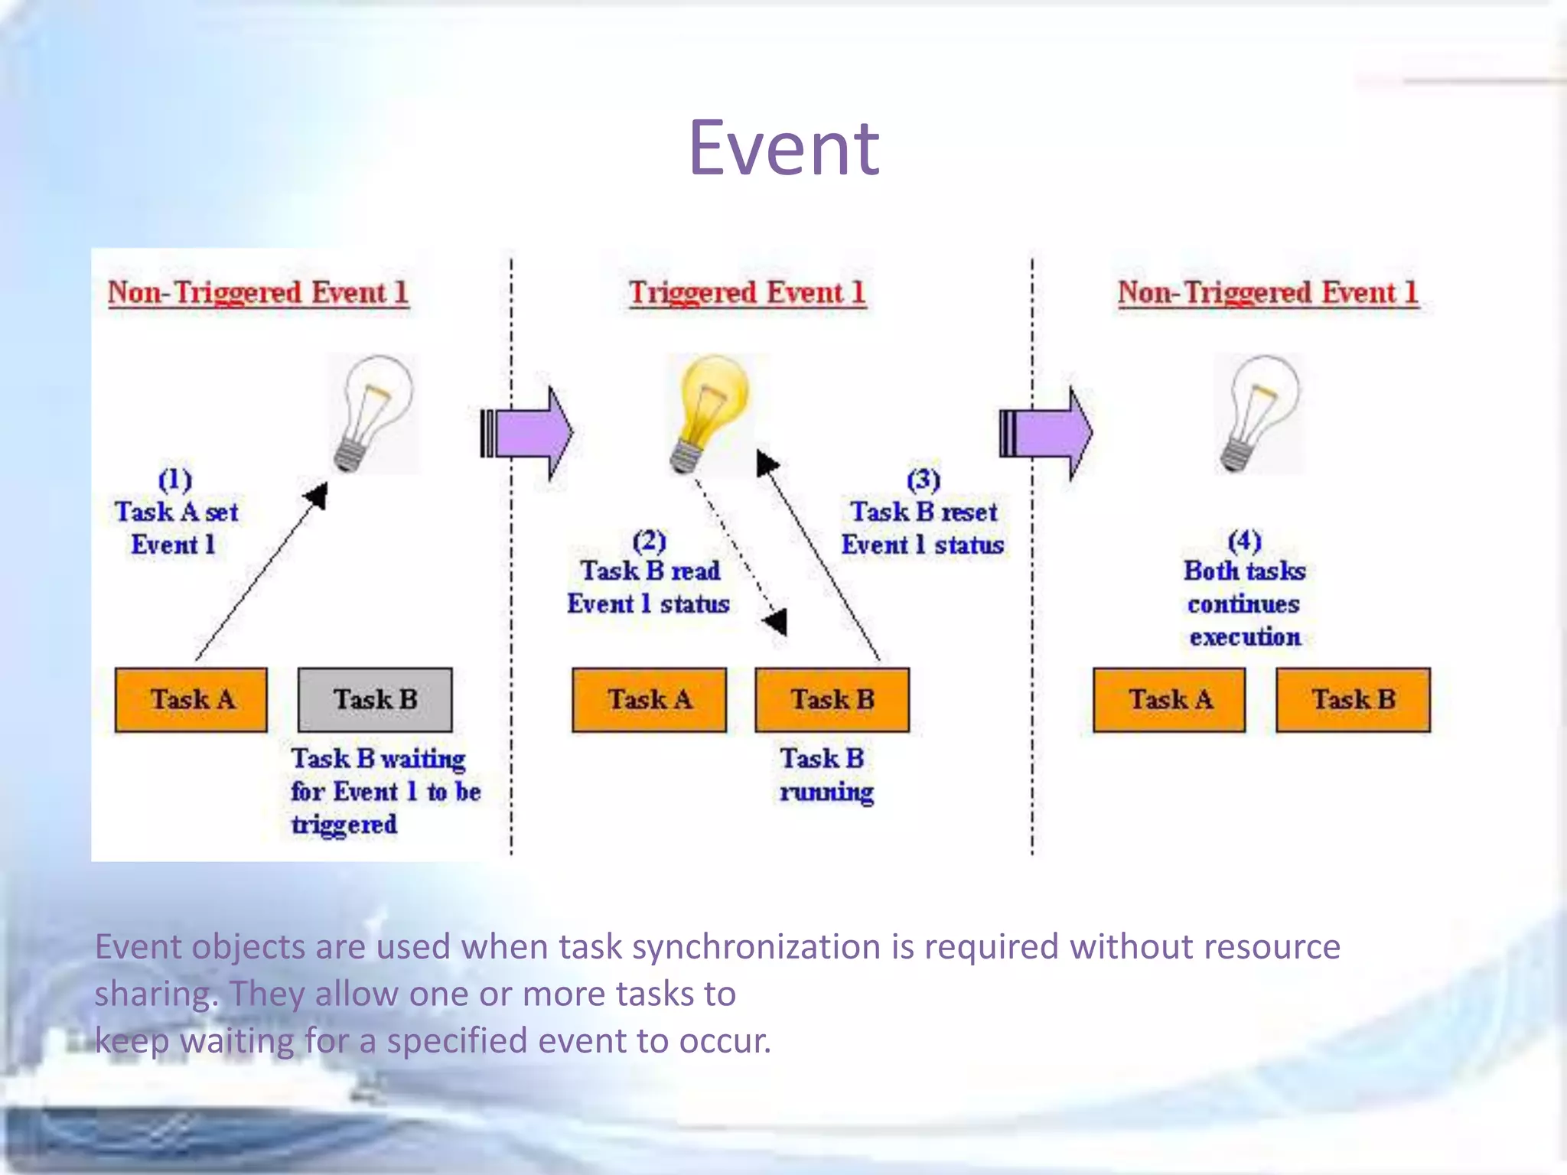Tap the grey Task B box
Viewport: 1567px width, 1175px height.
click(x=375, y=700)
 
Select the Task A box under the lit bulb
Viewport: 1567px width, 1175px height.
click(x=649, y=700)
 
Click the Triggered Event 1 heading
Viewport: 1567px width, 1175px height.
click(x=747, y=292)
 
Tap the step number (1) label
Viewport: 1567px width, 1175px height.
click(x=175, y=480)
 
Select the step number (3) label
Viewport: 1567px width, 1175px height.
click(x=924, y=480)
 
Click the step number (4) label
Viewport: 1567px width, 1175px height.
click(x=1244, y=541)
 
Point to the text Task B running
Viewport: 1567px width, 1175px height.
click(x=825, y=775)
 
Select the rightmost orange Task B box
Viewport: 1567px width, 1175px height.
click(x=1353, y=700)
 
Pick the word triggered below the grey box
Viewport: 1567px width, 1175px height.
click(x=344, y=825)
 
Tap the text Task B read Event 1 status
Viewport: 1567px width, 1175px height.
click(x=649, y=587)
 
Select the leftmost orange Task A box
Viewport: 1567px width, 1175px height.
click(x=191, y=700)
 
